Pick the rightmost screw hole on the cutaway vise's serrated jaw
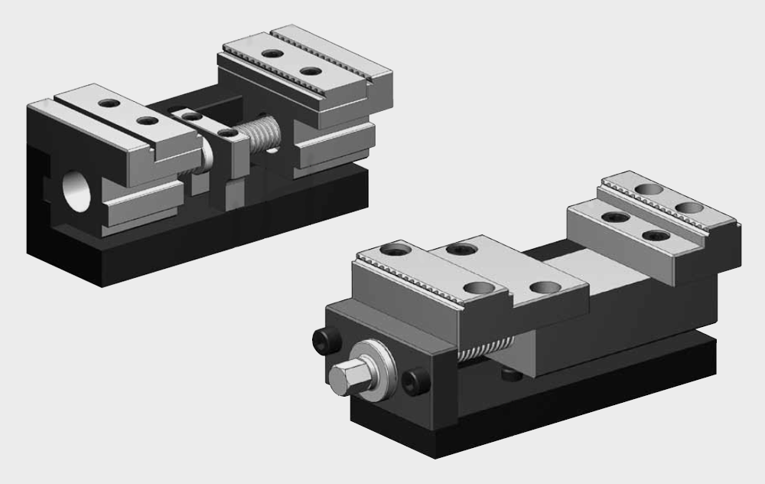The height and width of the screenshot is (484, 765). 310,71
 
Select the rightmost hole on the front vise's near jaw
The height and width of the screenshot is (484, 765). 545,288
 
